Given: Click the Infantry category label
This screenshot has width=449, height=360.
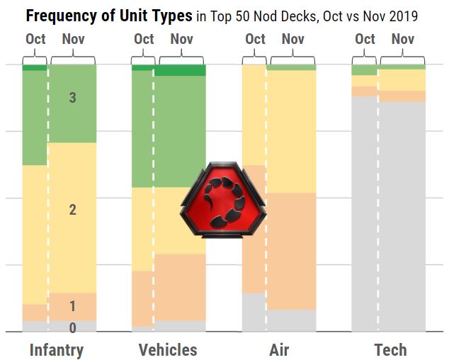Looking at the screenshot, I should click(57, 349).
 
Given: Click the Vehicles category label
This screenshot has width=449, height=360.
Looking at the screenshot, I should click(168, 349).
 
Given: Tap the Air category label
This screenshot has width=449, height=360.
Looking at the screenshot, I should click(279, 349).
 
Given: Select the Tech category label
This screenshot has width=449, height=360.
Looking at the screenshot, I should click(390, 349).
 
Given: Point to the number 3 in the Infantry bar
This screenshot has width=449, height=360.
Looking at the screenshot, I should click(72, 98).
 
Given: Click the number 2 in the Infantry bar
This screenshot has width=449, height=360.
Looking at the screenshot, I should click(72, 210).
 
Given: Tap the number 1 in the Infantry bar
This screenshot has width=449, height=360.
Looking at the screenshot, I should click(72, 306).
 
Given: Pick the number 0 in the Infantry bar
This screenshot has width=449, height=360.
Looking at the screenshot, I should click(72, 327).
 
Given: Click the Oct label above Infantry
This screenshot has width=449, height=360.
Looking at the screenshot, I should click(35, 39).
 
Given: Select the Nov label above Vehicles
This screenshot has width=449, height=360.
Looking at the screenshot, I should click(182, 39).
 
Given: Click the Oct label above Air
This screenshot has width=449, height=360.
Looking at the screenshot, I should click(255, 39).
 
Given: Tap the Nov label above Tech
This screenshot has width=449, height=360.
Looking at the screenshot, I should click(403, 39).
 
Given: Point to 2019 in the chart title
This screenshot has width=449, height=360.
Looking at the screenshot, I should click(402, 16).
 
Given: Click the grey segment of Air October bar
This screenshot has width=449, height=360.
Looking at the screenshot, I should click(254, 312).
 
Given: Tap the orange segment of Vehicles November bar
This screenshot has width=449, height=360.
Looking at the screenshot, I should click(180, 287).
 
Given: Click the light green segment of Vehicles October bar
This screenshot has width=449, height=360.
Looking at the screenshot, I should click(142, 128).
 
